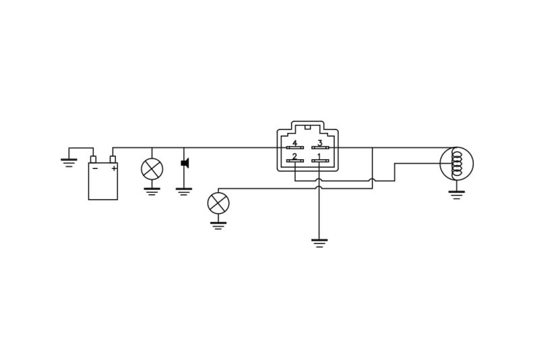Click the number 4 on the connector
(294, 143)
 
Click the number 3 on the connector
(319, 143)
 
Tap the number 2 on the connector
(294, 156)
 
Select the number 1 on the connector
(319, 156)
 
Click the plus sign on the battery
(114, 168)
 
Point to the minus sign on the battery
(95, 168)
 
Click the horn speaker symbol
(185, 163)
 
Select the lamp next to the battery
(152, 169)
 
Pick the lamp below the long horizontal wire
(218, 203)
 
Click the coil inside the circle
(457, 164)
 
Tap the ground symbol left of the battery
(69, 162)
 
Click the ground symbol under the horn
(184, 191)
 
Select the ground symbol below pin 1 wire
(319, 243)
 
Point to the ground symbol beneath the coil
(457, 195)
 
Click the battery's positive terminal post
(113, 159)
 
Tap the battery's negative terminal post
(93, 159)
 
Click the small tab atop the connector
(308, 127)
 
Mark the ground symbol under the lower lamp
(218, 226)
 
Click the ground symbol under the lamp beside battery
(152, 191)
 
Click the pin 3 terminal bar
(321, 148)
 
